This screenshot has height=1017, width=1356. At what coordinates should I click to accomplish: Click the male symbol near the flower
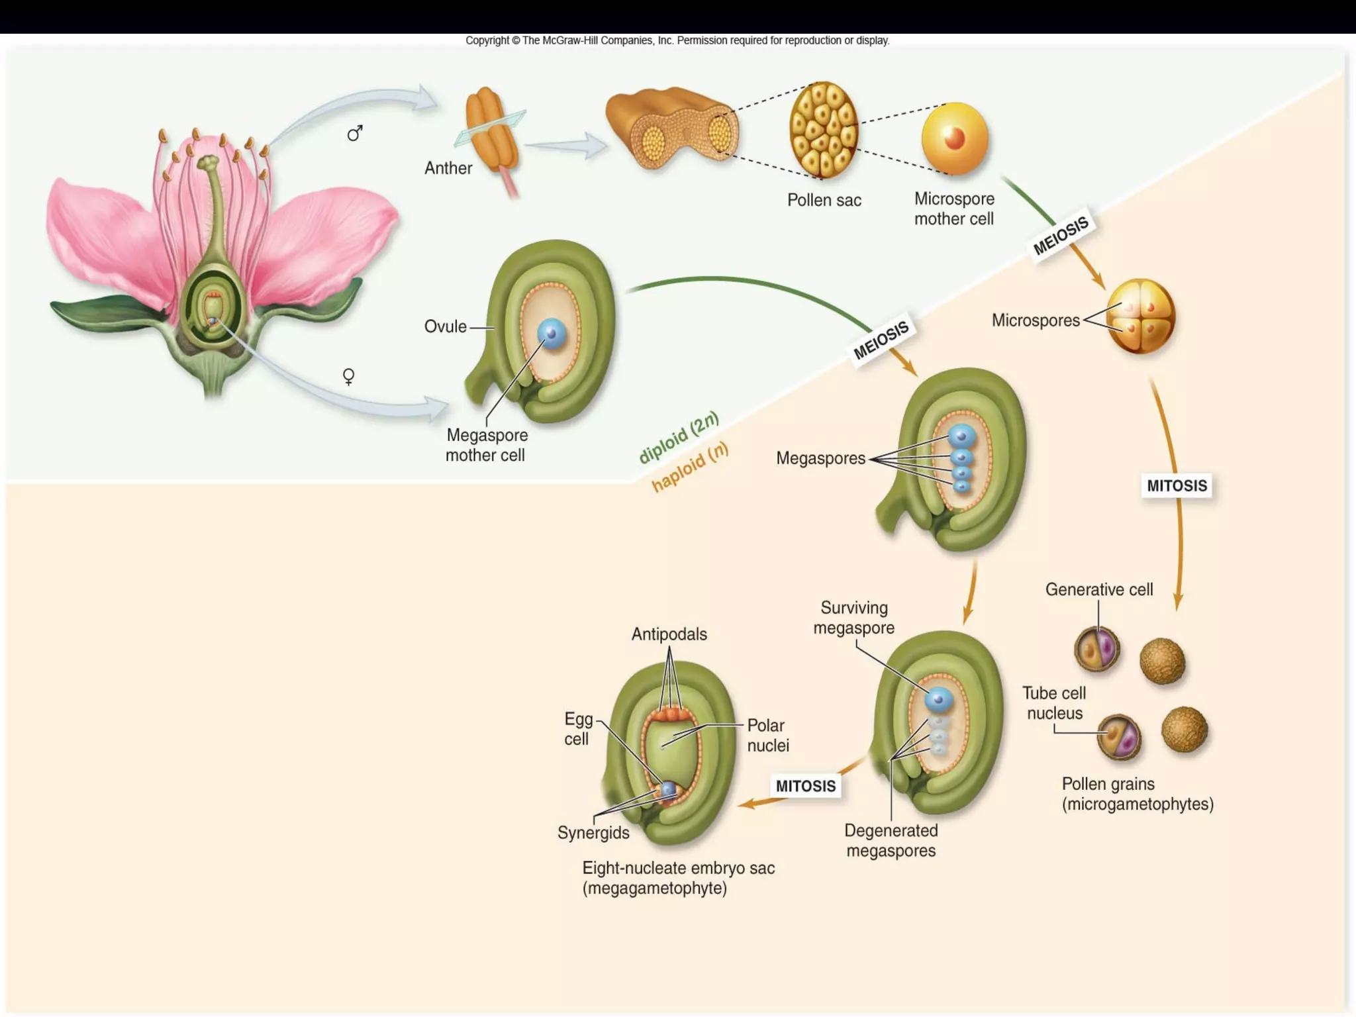[355, 134]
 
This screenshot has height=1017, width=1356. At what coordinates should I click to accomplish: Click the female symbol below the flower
[348, 377]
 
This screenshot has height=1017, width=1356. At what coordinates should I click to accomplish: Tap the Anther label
[448, 168]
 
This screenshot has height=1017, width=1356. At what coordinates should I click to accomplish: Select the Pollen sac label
[824, 200]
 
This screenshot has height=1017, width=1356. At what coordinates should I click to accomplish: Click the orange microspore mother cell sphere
[954, 138]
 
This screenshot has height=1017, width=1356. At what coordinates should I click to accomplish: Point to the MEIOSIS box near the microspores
[1061, 236]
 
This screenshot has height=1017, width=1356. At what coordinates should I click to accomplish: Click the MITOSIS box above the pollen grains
[1177, 485]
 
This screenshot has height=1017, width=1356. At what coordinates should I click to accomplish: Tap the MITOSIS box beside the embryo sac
[805, 786]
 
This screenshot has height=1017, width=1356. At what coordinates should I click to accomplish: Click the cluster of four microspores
[1140, 316]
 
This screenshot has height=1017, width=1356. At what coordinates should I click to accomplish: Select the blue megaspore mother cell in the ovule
[552, 334]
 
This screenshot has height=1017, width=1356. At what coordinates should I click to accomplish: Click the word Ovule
[445, 326]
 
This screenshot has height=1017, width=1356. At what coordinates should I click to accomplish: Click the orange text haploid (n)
[690, 466]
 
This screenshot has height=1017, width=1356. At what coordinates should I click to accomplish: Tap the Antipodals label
[669, 634]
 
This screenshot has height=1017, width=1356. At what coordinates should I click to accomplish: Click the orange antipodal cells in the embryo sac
[670, 714]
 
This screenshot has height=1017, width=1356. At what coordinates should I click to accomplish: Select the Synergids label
[593, 832]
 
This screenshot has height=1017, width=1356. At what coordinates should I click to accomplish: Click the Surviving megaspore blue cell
[938, 699]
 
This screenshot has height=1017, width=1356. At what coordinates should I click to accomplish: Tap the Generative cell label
[1098, 589]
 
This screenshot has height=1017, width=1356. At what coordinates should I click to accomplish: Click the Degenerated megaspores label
[891, 840]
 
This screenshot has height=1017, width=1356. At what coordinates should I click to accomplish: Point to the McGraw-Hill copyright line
[677, 40]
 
